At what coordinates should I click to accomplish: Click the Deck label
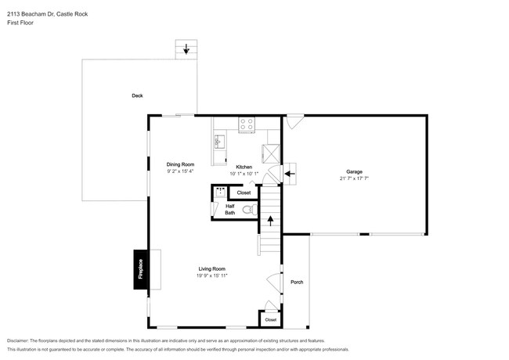click(x=137, y=95)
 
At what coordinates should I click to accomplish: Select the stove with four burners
click(x=247, y=123)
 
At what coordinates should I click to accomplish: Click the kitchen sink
click(x=219, y=141)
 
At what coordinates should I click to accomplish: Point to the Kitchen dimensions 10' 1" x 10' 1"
click(x=244, y=175)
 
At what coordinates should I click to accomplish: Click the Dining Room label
click(x=180, y=164)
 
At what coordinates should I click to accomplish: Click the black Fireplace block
click(x=141, y=269)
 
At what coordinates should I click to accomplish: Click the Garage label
click(x=355, y=171)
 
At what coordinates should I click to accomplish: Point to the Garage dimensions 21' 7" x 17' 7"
click(x=355, y=178)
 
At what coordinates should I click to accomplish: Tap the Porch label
click(x=297, y=282)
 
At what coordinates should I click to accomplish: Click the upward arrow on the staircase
click(x=271, y=221)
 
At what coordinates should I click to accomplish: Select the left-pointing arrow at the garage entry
click(x=288, y=173)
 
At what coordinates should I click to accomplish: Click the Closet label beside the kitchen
click(x=244, y=193)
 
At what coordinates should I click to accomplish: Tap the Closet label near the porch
click(x=270, y=319)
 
